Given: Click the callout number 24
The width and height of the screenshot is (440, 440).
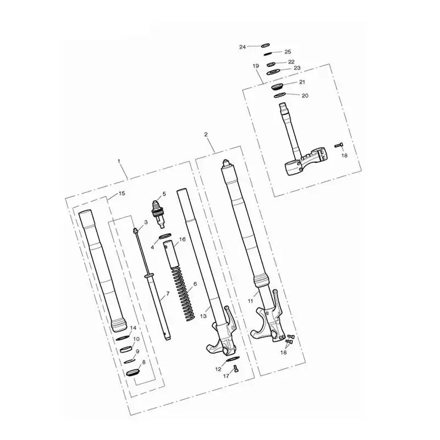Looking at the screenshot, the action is pos(243,47).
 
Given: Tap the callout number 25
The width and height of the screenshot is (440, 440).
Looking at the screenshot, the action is pos(288,52).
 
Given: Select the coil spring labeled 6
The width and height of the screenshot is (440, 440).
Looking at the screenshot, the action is pos(183,294).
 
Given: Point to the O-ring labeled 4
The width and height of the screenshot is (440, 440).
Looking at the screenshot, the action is pos(166,237).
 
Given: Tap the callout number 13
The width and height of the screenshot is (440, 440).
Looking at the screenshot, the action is pos(203,316).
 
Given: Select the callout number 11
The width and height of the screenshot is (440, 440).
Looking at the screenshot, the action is pos(250,301).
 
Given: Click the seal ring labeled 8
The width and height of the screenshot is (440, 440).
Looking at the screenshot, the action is pos(133,373).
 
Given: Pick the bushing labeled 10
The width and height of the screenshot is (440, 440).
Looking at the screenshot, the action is pos(126,349).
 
